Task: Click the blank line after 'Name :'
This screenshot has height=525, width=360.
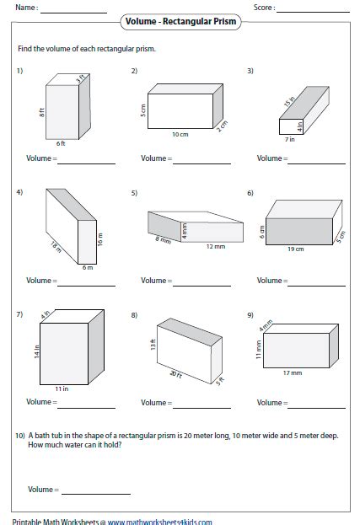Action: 73,12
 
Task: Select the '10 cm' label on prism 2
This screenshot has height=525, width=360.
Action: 179,134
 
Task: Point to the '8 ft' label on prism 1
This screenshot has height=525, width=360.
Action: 42,111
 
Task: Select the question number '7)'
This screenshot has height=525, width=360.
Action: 19,314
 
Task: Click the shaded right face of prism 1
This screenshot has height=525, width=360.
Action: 84,110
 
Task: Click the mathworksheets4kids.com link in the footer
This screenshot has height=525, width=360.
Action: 159,521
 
